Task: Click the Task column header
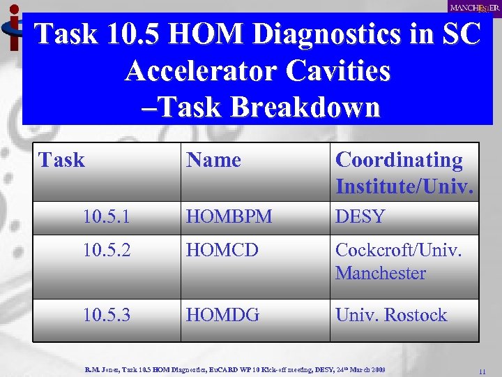pyautogui.click(x=62, y=160)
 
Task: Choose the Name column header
pyautogui.click(x=213, y=160)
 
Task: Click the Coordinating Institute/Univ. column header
pyautogui.click(x=404, y=172)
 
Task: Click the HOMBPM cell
pyautogui.click(x=228, y=217)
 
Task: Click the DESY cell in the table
pyautogui.click(x=360, y=217)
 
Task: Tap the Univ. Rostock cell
pyautogui.click(x=390, y=315)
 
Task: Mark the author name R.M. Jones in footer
pyautogui.click(x=102, y=368)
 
